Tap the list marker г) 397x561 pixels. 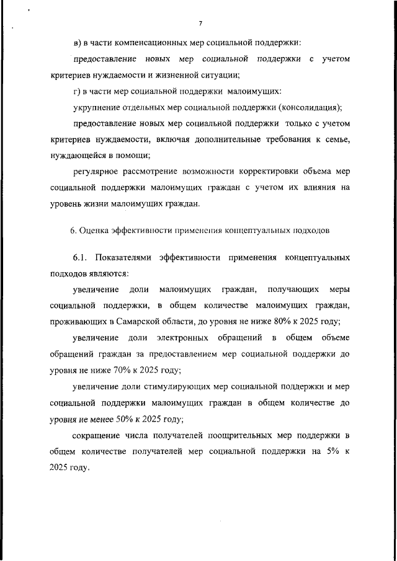click(x=76, y=91)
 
